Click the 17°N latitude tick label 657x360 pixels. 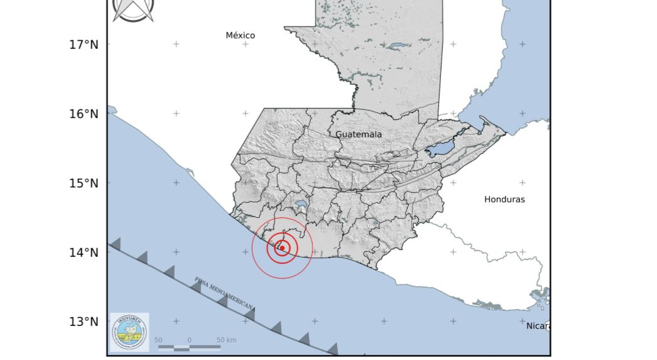click(84, 45)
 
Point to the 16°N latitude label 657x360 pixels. click(84, 114)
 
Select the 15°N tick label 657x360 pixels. click(84, 183)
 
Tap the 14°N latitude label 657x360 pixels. click(84, 253)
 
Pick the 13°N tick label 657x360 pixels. click(84, 322)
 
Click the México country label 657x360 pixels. click(241, 36)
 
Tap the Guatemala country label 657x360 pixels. click(359, 134)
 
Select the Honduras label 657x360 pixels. click(504, 200)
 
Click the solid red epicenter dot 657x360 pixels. click(283, 248)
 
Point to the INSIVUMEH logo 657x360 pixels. click(129, 332)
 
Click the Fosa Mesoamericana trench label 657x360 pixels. click(224, 293)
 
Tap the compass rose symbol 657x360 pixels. click(133, 9)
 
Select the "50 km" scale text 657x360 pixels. click(226, 340)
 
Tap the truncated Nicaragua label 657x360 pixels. click(538, 325)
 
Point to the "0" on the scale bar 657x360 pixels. click(189, 340)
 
